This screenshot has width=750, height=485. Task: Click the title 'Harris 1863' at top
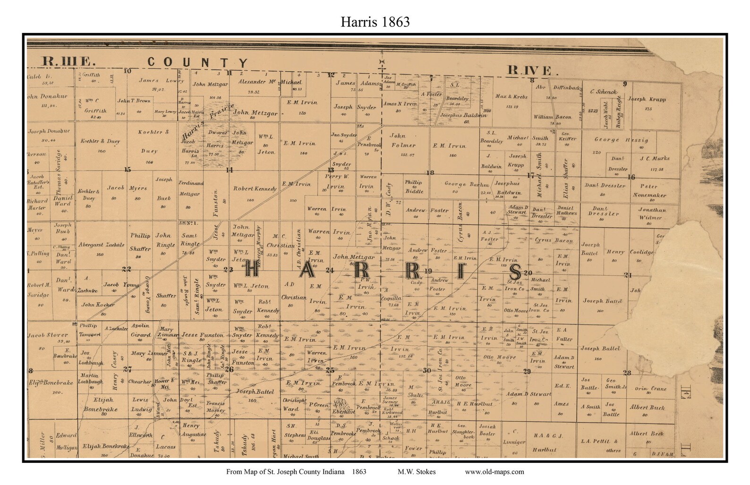pos(375,22)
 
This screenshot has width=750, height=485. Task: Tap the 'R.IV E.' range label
pos(529,71)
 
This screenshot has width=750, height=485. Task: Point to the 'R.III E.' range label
pos(69,61)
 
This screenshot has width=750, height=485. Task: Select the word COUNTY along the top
pos(197,62)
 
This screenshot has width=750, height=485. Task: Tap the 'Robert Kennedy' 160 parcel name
pos(255,189)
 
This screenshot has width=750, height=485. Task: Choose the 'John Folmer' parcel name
pos(402,140)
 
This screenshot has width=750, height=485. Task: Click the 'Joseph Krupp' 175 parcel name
pos(647,100)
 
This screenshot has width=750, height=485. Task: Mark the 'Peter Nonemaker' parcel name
pos(649,190)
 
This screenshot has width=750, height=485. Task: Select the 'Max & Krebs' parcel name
pos(511,97)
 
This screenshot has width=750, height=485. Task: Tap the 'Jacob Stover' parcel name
pos(48,335)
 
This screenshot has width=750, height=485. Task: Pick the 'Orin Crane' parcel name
pos(650,389)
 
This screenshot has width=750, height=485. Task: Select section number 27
pos(128,370)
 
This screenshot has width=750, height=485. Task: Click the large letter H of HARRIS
pos(252,271)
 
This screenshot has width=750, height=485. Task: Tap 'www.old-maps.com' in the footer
pos(494,471)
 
